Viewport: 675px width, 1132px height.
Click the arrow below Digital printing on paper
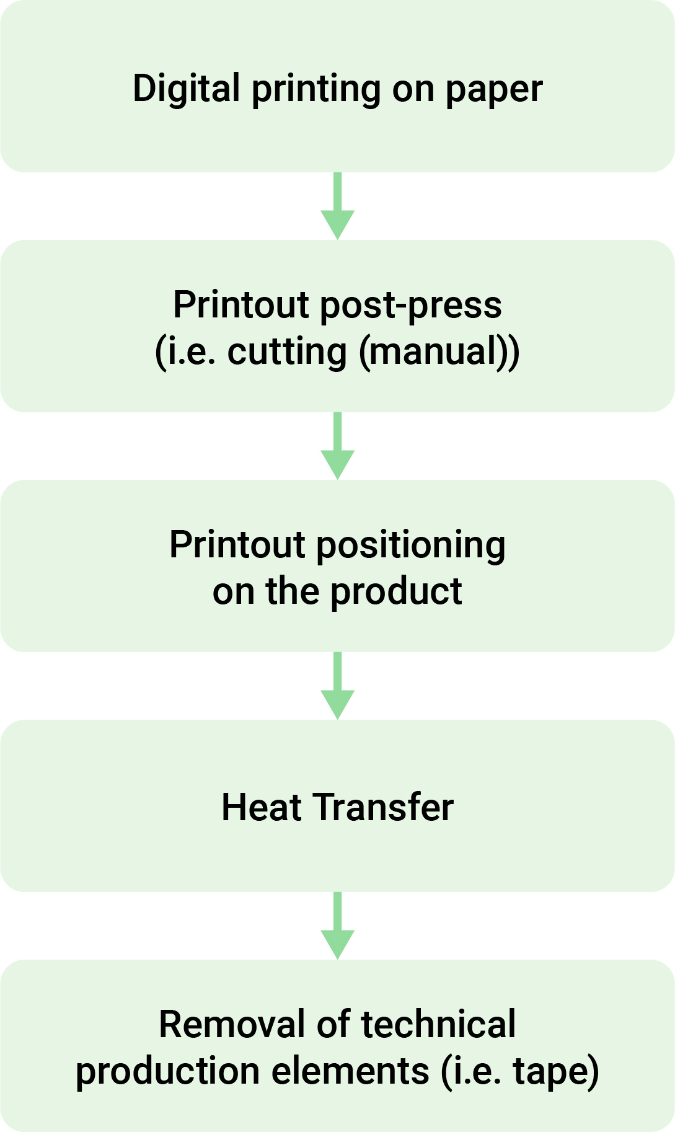tap(337, 206)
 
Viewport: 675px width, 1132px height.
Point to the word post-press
tap(410, 306)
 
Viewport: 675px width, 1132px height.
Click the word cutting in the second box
tap(287, 353)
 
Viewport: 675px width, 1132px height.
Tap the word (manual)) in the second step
tap(439, 353)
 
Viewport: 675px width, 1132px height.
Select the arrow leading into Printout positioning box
tap(337, 446)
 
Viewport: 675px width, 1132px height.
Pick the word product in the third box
tap(396, 591)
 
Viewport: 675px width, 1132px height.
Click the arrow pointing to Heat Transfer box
tap(337, 686)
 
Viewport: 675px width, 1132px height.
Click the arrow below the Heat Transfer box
tap(337, 926)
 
